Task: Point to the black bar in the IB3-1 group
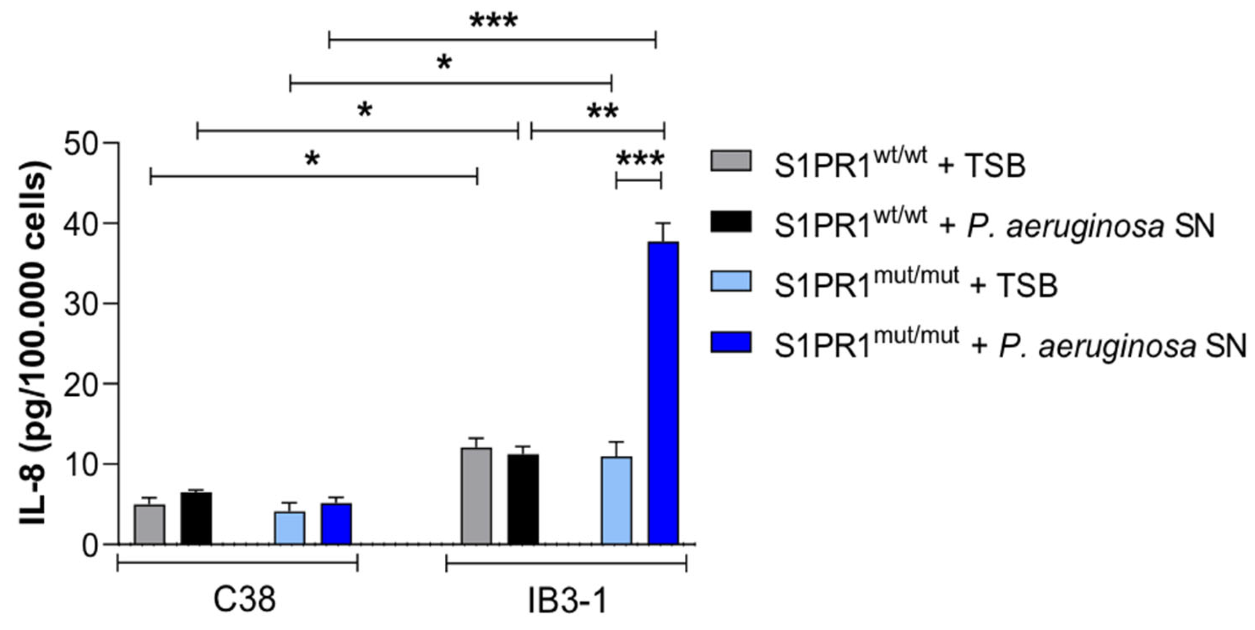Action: [x=523, y=499]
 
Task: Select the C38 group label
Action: [x=244, y=600]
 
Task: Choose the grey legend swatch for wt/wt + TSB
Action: [x=730, y=161]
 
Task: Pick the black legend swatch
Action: [x=730, y=222]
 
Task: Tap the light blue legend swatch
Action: [x=730, y=282]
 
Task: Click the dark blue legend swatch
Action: [x=730, y=342]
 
